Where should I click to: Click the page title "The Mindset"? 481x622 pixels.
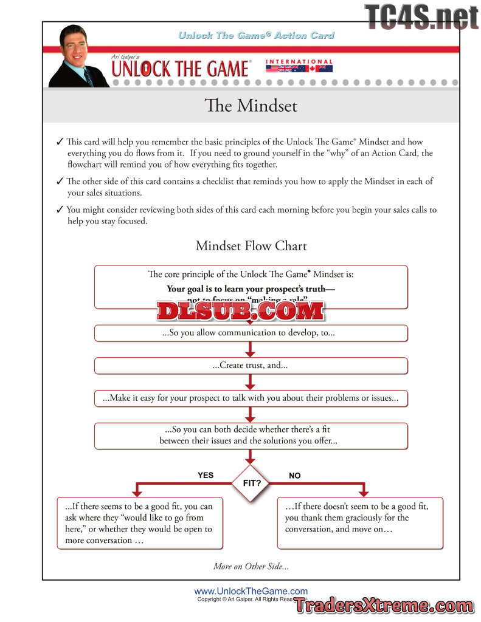(251, 106)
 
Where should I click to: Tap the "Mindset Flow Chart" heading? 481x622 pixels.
(251, 246)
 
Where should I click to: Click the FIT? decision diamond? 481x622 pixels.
(251, 484)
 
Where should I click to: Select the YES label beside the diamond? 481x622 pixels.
(206, 475)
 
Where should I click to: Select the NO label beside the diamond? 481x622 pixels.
(295, 476)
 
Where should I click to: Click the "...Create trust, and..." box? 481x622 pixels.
(251, 366)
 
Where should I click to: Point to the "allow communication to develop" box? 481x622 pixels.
(251, 333)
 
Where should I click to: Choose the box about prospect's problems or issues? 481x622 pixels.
(251, 398)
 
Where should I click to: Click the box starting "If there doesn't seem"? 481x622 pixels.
(360, 523)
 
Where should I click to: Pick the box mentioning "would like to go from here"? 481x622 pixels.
(139, 523)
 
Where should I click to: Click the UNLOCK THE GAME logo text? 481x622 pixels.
(180, 69)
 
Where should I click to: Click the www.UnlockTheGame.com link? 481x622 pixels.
(251, 591)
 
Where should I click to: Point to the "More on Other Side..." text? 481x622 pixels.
(251, 566)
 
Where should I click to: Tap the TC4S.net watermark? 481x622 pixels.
(421, 16)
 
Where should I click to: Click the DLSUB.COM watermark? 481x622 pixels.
(240, 311)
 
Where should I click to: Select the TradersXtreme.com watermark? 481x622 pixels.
(384, 606)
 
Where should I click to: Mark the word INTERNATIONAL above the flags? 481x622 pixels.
(299, 61)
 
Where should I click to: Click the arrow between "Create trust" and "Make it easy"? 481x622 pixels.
(251, 382)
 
